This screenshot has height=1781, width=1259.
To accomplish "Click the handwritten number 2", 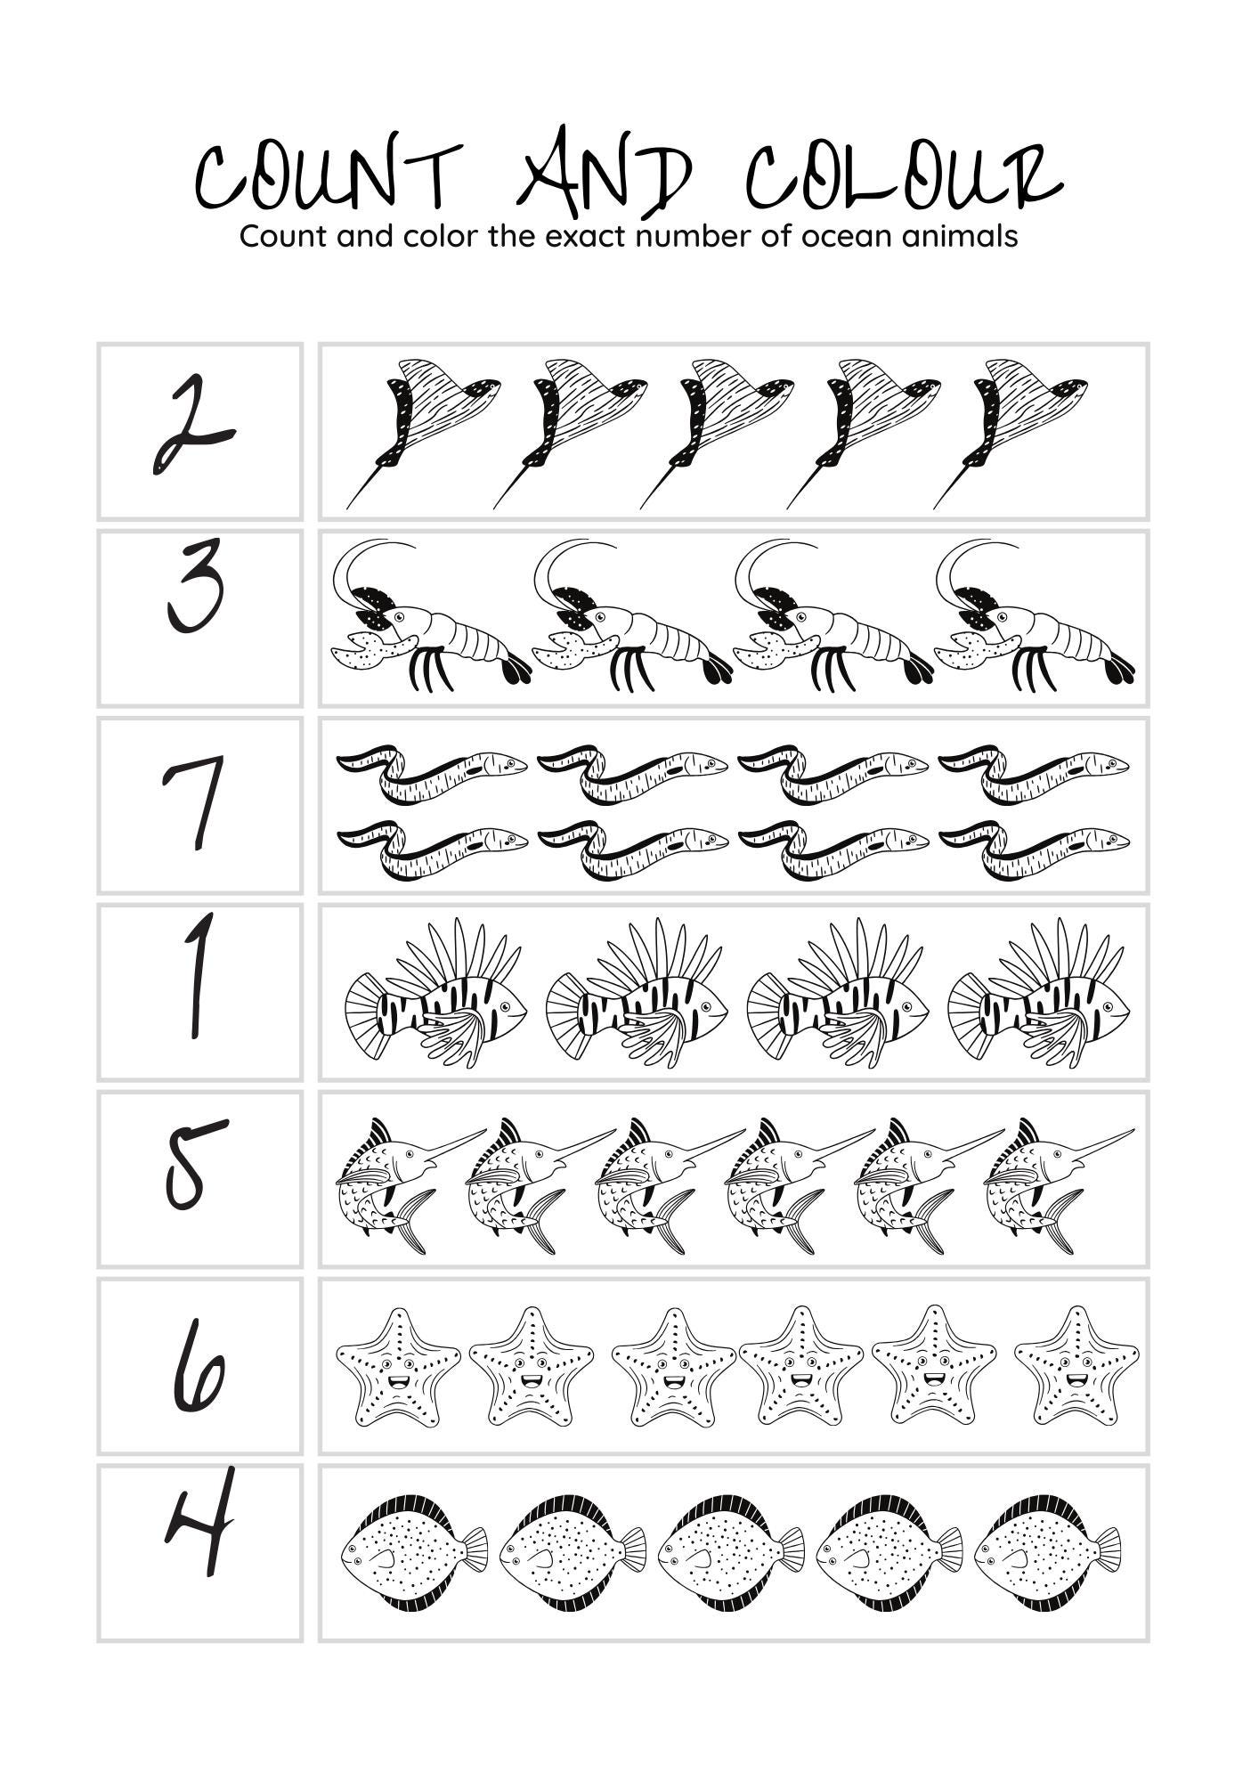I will point(193,426).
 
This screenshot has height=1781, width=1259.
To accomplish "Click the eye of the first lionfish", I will point(507,1006).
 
